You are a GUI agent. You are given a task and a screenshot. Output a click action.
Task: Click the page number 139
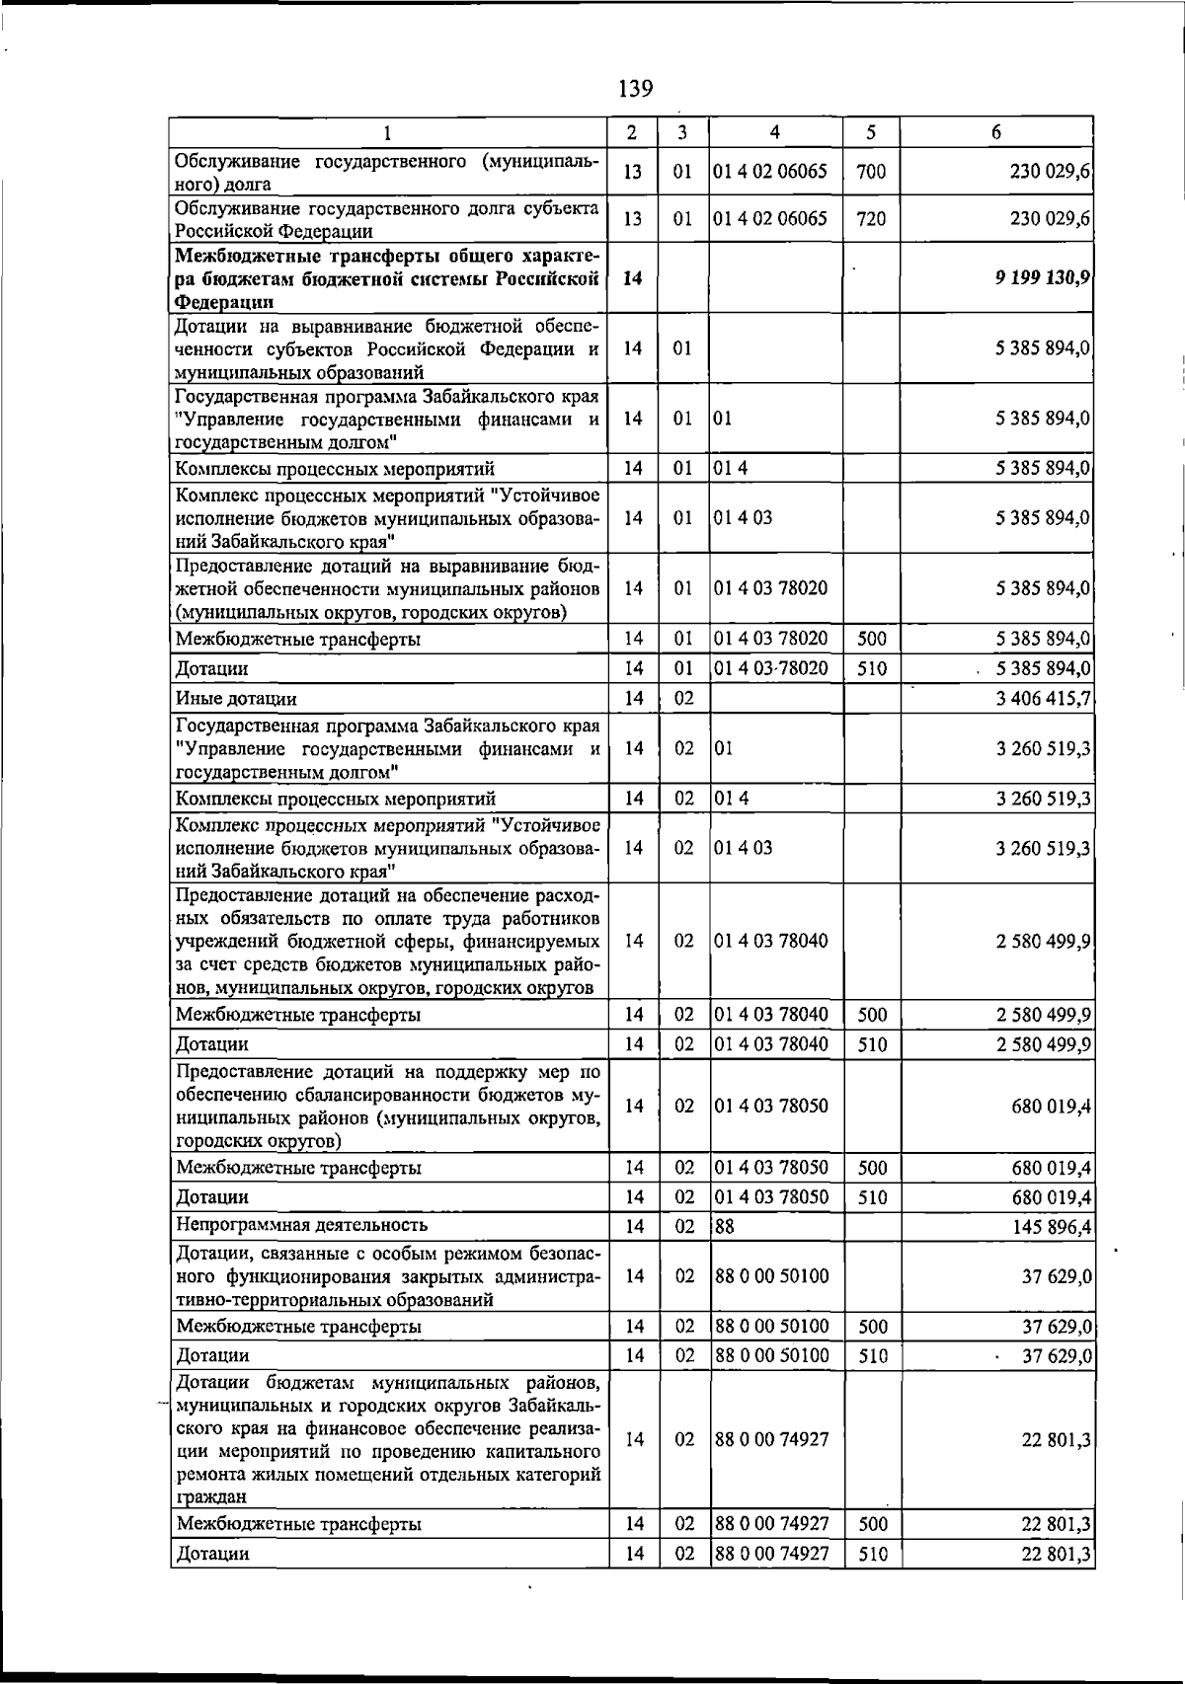point(635,89)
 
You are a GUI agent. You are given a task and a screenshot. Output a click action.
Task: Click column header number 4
point(774,132)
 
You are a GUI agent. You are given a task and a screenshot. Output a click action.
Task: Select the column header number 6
point(995,132)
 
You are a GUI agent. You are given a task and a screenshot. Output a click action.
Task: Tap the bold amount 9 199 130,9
point(1043,278)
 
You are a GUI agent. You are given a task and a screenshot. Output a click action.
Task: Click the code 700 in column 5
point(871,172)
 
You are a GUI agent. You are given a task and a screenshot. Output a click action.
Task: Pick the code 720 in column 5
point(871,219)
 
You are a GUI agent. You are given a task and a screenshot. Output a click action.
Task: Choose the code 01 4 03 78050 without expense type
point(771,1106)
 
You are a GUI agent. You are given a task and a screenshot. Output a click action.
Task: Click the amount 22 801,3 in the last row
point(1056,1554)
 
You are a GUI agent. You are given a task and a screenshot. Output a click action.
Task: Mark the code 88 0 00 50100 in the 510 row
point(771,1355)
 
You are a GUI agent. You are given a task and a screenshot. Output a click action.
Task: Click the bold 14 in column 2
point(634,278)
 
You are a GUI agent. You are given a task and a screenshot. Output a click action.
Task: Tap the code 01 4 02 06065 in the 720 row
point(771,219)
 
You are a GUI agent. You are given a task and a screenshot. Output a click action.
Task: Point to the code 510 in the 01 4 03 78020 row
point(871,669)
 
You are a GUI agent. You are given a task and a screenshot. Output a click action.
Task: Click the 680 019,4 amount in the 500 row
point(1050,1169)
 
